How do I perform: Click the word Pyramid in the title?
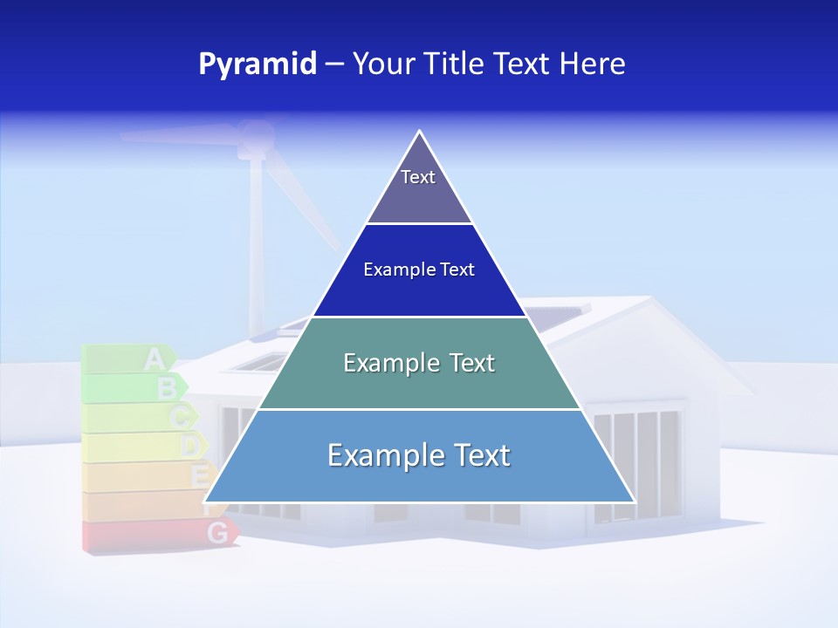point(258,65)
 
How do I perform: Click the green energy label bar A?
point(127,358)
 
